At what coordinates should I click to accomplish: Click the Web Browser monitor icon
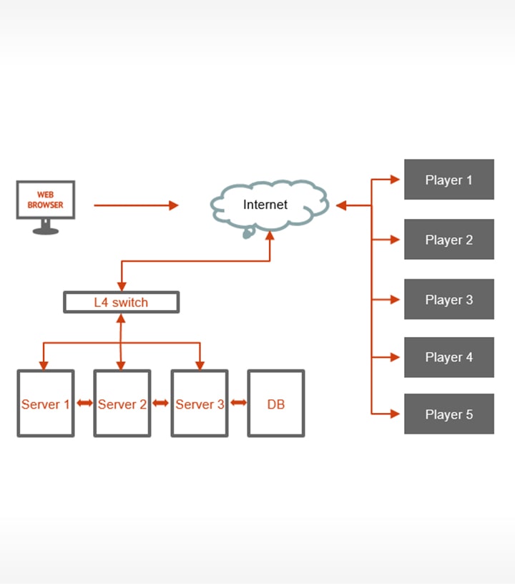(46, 200)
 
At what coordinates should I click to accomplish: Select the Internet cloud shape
(268, 205)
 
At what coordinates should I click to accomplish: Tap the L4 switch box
(121, 302)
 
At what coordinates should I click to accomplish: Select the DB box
(276, 404)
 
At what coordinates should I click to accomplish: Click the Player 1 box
(448, 180)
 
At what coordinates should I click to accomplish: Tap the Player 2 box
(448, 240)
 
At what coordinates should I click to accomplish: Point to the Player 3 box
(448, 299)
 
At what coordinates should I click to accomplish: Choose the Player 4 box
(448, 357)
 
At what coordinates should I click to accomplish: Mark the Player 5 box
(448, 414)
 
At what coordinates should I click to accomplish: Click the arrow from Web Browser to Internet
(136, 205)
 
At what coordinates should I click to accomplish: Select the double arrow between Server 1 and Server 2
(84, 404)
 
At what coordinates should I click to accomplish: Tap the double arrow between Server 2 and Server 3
(161, 404)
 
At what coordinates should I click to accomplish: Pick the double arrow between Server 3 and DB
(238, 404)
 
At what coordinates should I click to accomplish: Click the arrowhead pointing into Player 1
(395, 180)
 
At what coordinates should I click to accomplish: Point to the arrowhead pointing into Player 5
(395, 414)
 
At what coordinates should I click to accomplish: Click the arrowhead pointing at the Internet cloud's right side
(341, 205)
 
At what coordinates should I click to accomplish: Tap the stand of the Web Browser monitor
(46, 228)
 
